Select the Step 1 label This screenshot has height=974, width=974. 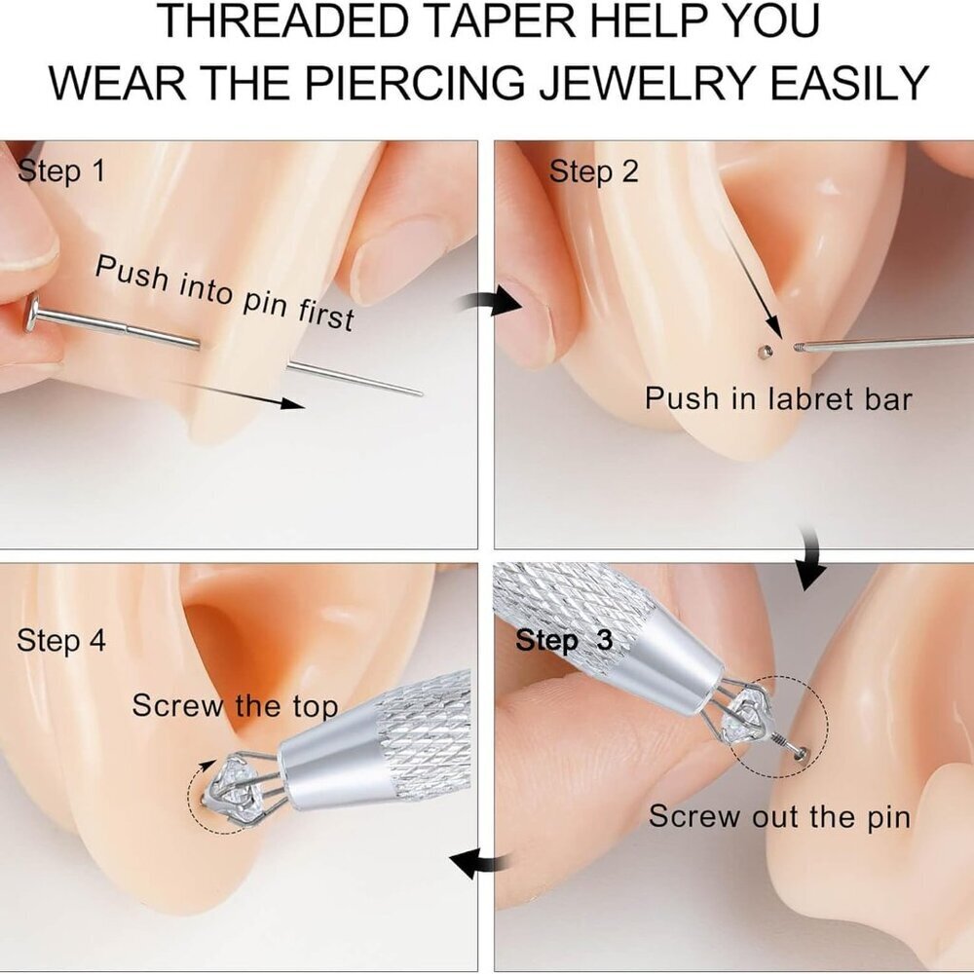point(60,170)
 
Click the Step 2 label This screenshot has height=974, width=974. point(593,171)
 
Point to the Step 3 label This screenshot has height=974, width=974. point(564,640)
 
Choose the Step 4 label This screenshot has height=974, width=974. point(60,641)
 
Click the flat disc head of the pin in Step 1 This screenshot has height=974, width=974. point(32,315)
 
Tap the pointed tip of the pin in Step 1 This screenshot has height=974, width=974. point(421,393)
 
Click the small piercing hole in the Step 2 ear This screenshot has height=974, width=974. point(764,353)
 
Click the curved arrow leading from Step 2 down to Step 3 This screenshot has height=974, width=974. point(811,557)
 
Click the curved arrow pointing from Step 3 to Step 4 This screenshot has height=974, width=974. point(479,863)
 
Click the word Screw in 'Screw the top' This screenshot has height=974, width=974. point(178,705)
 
